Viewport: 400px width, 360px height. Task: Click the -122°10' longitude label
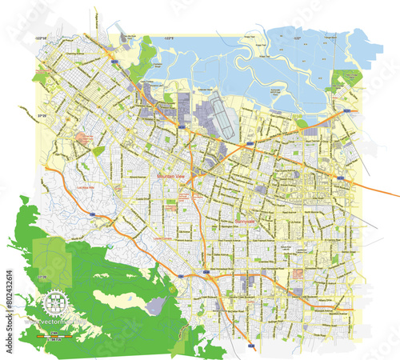(42, 38)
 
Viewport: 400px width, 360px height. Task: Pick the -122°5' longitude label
(170, 38)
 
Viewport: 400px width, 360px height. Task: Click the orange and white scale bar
(54, 337)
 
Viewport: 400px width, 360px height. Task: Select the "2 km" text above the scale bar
(54, 331)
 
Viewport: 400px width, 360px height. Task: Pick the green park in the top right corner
(347, 78)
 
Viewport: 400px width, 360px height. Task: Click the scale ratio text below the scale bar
(54, 342)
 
